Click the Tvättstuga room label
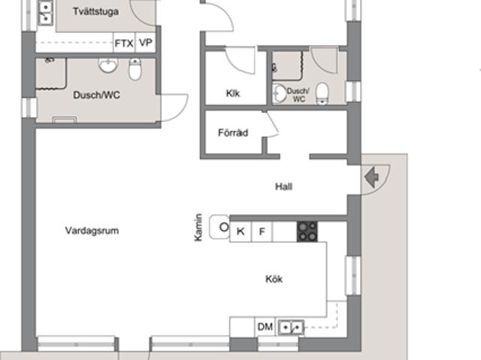tap(97, 12)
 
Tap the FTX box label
tap(124, 44)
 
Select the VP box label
tap(145, 44)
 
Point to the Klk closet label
tap(232, 93)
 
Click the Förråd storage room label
tap(232, 132)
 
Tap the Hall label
tap(283, 187)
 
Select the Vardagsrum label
tap(92, 231)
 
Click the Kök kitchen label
tap(274, 279)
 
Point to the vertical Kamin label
tap(199, 228)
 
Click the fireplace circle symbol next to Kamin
tap(222, 225)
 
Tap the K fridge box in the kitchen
tap(240, 231)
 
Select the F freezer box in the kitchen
tap(262, 231)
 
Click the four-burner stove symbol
tap(307, 231)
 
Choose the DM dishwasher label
tap(265, 327)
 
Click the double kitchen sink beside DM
tap(290, 328)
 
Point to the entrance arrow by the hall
tap(371, 177)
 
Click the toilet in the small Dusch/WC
tap(322, 92)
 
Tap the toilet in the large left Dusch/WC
tap(135, 70)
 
